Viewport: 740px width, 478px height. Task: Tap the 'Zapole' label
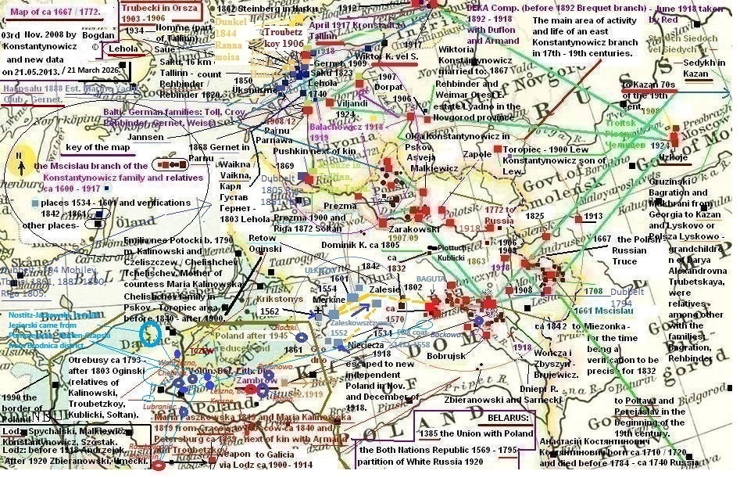pos(477,155)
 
